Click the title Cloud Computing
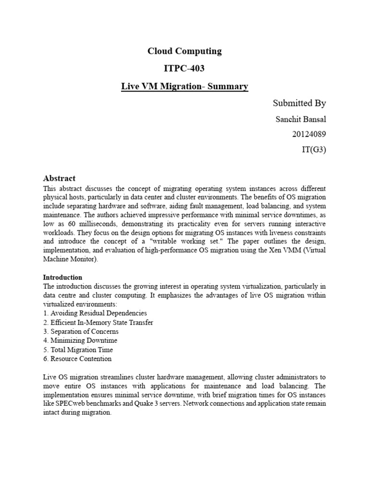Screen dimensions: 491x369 click(184, 51)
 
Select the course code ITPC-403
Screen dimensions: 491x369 click(184, 69)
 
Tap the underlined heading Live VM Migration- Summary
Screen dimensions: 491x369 click(184, 87)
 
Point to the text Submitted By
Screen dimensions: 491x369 click(299, 103)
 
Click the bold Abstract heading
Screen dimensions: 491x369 click(59, 178)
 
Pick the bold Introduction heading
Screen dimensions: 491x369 click(62, 277)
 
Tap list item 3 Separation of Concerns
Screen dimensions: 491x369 click(81, 331)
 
